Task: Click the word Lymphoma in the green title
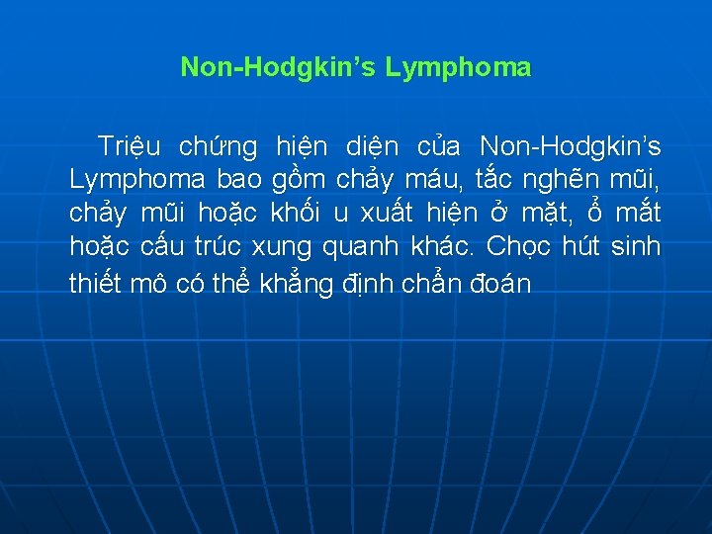click(x=458, y=68)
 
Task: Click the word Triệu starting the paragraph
click(x=129, y=148)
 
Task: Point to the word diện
click(x=373, y=148)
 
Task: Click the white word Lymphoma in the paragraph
click(x=137, y=181)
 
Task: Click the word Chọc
click(x=519, y=246)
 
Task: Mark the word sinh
click(x=636, y=246)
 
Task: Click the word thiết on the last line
click(x=96, y=285)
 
